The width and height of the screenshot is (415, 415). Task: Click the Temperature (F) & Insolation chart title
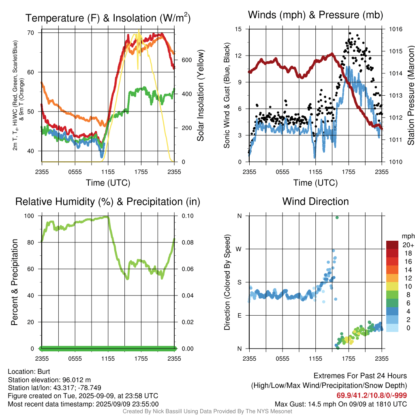(x=108, y=18)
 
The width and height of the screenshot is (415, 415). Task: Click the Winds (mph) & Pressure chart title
(x=315, y=15)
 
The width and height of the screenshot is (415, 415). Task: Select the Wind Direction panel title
(x=315, y=201)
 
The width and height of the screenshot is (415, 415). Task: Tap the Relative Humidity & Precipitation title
(x=108, y=202)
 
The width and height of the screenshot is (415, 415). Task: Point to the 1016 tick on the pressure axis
(x=396, y=29)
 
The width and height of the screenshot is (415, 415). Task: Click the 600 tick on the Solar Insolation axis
(x=186, y=60)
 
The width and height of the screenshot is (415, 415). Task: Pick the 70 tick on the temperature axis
(x=31, y=33)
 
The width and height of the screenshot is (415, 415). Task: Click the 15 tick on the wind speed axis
(x=238, y=29)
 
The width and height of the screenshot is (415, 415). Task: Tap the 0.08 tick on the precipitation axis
(x=187, y=242)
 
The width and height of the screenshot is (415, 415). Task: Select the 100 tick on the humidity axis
(x=29, y=216)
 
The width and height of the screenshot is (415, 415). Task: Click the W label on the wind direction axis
(x=239, y=249)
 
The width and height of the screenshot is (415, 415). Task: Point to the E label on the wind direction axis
(x=240, y=315)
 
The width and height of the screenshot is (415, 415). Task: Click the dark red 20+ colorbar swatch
(x=392, y=245)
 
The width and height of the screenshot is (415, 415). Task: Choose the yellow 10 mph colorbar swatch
(x=392, y=287)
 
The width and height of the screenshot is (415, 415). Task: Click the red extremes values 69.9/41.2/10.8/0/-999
(x=372, y=396)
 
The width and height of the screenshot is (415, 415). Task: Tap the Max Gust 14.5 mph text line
(x=340, y=404)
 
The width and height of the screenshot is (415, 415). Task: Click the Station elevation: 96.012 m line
(x=49, y=380)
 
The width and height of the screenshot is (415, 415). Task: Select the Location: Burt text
(x=29, y=372)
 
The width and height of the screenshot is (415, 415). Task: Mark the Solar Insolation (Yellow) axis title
(x=201, y=95)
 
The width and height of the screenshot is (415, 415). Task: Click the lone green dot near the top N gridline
(x=337, y=218)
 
